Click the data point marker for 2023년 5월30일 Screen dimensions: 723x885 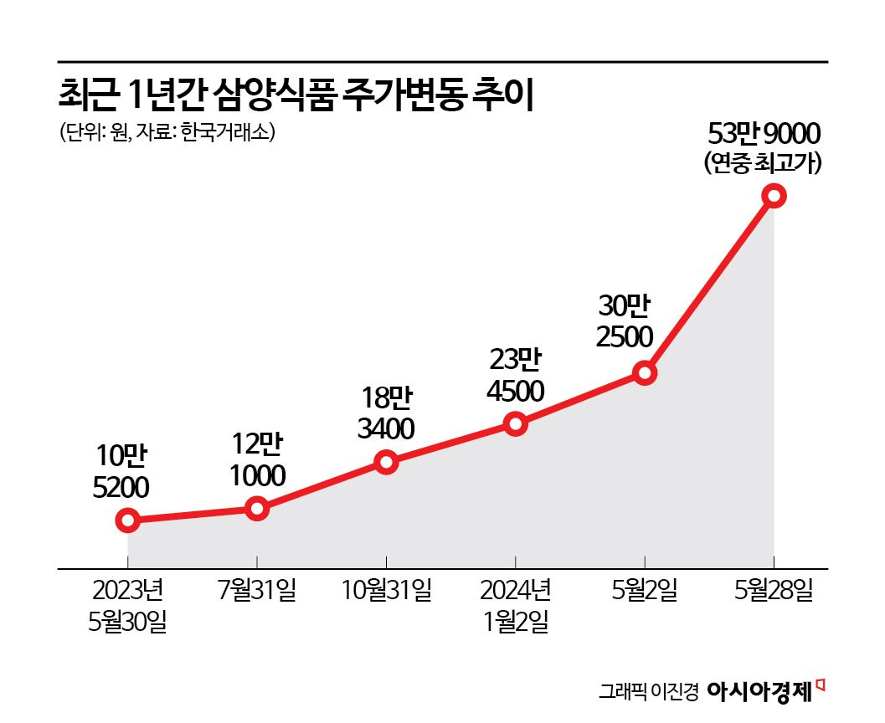click(x=127, y=520)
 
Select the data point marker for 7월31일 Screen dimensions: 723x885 click(x=257, y=509)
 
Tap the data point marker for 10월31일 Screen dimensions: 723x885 click(x=386, y=462)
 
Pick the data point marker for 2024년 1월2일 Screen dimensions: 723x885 click(x=516, y=423)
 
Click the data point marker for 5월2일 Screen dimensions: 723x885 click(x=644, y=373)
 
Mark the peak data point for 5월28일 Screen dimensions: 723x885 click(x=774, y=196)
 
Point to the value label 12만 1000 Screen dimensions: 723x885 click(x=257, y=459)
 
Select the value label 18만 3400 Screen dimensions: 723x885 click(x=386, y=413)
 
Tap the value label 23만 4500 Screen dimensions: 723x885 click(x=516, y=376)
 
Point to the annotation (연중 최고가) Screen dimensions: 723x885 click(x=764, y=162)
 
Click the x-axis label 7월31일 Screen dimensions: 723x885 click(x=257, y=591)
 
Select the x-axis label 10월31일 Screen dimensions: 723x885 click(x=386, y=591)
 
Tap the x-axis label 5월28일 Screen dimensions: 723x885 click(x=774, y=591)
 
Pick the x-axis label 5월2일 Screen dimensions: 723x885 click(x=644, y=591)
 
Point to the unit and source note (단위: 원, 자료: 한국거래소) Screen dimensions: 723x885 click(x=167, y=132)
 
